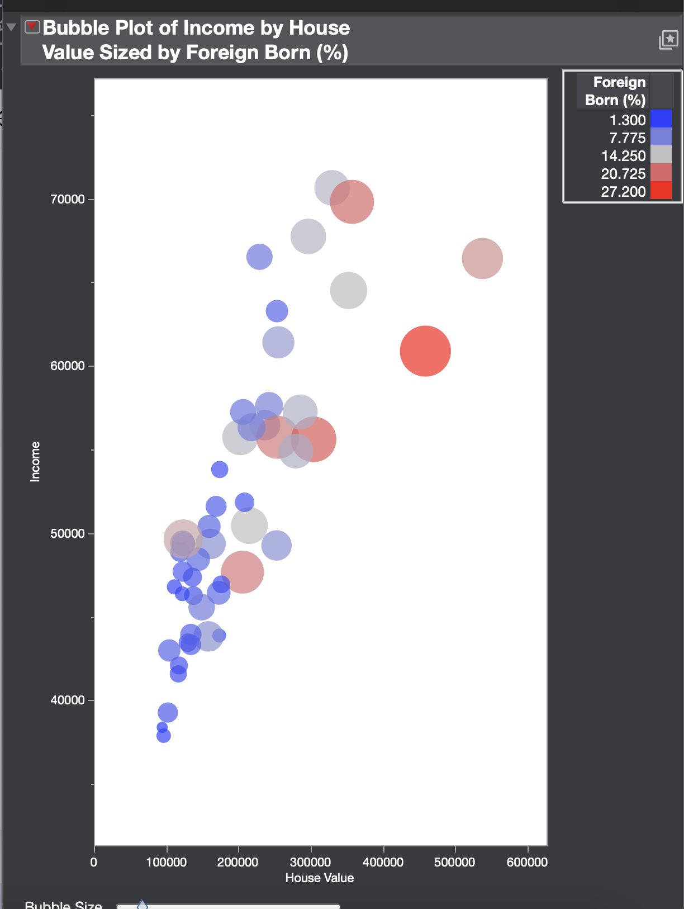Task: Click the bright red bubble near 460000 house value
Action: (425, 351)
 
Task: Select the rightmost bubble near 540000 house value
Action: (482, 258)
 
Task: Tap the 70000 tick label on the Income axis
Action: (67, 200)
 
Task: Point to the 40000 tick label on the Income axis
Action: (67, 700)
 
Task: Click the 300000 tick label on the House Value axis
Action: (311, 862)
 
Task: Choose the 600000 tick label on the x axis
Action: (527, 862)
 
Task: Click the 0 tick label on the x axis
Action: (94, 862)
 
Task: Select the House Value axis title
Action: (319, 878)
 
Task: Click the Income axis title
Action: (35, 461)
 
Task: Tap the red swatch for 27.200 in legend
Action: (661, 191)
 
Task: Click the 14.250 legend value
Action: (623, 156)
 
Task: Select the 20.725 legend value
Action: (623, 174)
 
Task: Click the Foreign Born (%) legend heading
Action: (615, 91)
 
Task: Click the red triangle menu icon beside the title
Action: (32, 27)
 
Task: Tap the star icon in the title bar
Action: (668, 40)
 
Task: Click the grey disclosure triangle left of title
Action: (11, 27)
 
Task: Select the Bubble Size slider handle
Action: (142, 905)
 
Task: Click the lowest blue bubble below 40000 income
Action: (163, 736)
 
